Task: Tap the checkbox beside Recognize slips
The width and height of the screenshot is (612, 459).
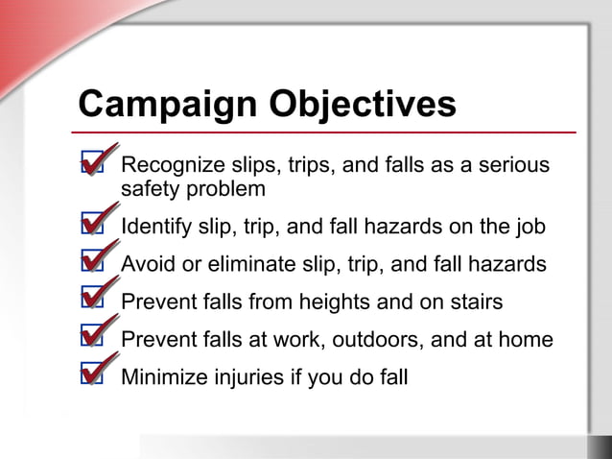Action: [x=92, y=166]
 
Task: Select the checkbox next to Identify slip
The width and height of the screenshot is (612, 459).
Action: [x=92, y=228]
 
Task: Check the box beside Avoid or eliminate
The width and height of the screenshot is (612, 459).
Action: [x=92, y=264]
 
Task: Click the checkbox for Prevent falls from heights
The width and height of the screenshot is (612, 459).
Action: [x=92, y=302]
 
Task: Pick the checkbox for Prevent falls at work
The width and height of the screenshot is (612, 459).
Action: [x=92, y=339]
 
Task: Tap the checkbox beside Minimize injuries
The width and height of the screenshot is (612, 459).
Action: [x=92, y=376]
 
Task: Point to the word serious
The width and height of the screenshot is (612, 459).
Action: [x=515, y=165]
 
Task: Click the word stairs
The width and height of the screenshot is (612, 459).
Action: [x=475, y=302]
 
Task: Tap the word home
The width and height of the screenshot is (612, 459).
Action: [x=528, y=339]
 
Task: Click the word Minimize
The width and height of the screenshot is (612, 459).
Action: [x=162, y=376]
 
